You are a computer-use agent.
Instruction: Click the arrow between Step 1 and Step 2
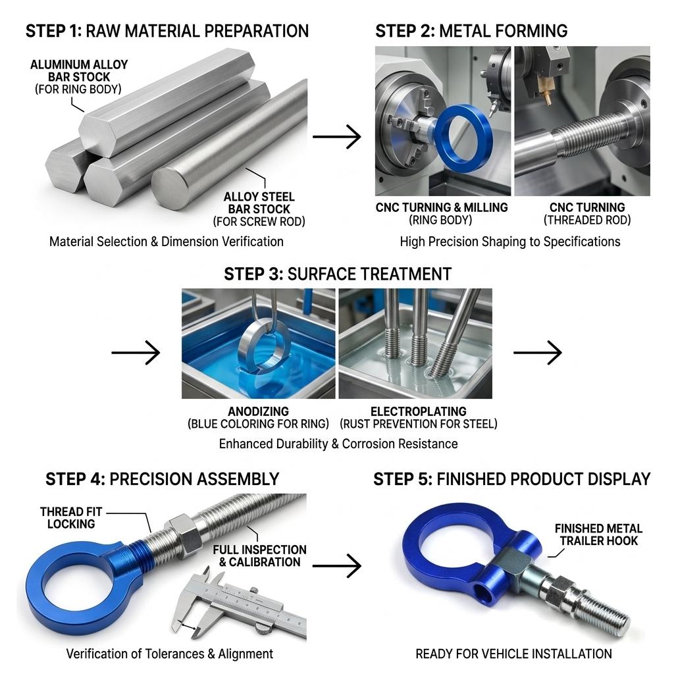coord(336,137)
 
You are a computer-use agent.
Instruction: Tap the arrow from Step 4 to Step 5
coord(336,565)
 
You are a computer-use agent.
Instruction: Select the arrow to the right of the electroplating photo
coord(537,353)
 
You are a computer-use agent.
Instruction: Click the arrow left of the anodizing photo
coord(136,353)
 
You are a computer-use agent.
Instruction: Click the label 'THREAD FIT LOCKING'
coord(71,518)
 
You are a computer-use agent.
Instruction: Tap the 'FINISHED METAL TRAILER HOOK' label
coord(598,534)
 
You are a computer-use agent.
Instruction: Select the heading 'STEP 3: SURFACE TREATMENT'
coord(338,274)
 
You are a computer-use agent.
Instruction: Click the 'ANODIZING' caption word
coord(258,411)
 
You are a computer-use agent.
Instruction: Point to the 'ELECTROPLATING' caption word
coord(418,411)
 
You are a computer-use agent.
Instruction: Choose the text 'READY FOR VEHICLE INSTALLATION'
coord(513,654)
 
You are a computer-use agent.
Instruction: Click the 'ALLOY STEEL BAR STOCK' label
coord(259,203)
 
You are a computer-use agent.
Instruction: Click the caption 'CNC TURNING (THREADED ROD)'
coord(587,214)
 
